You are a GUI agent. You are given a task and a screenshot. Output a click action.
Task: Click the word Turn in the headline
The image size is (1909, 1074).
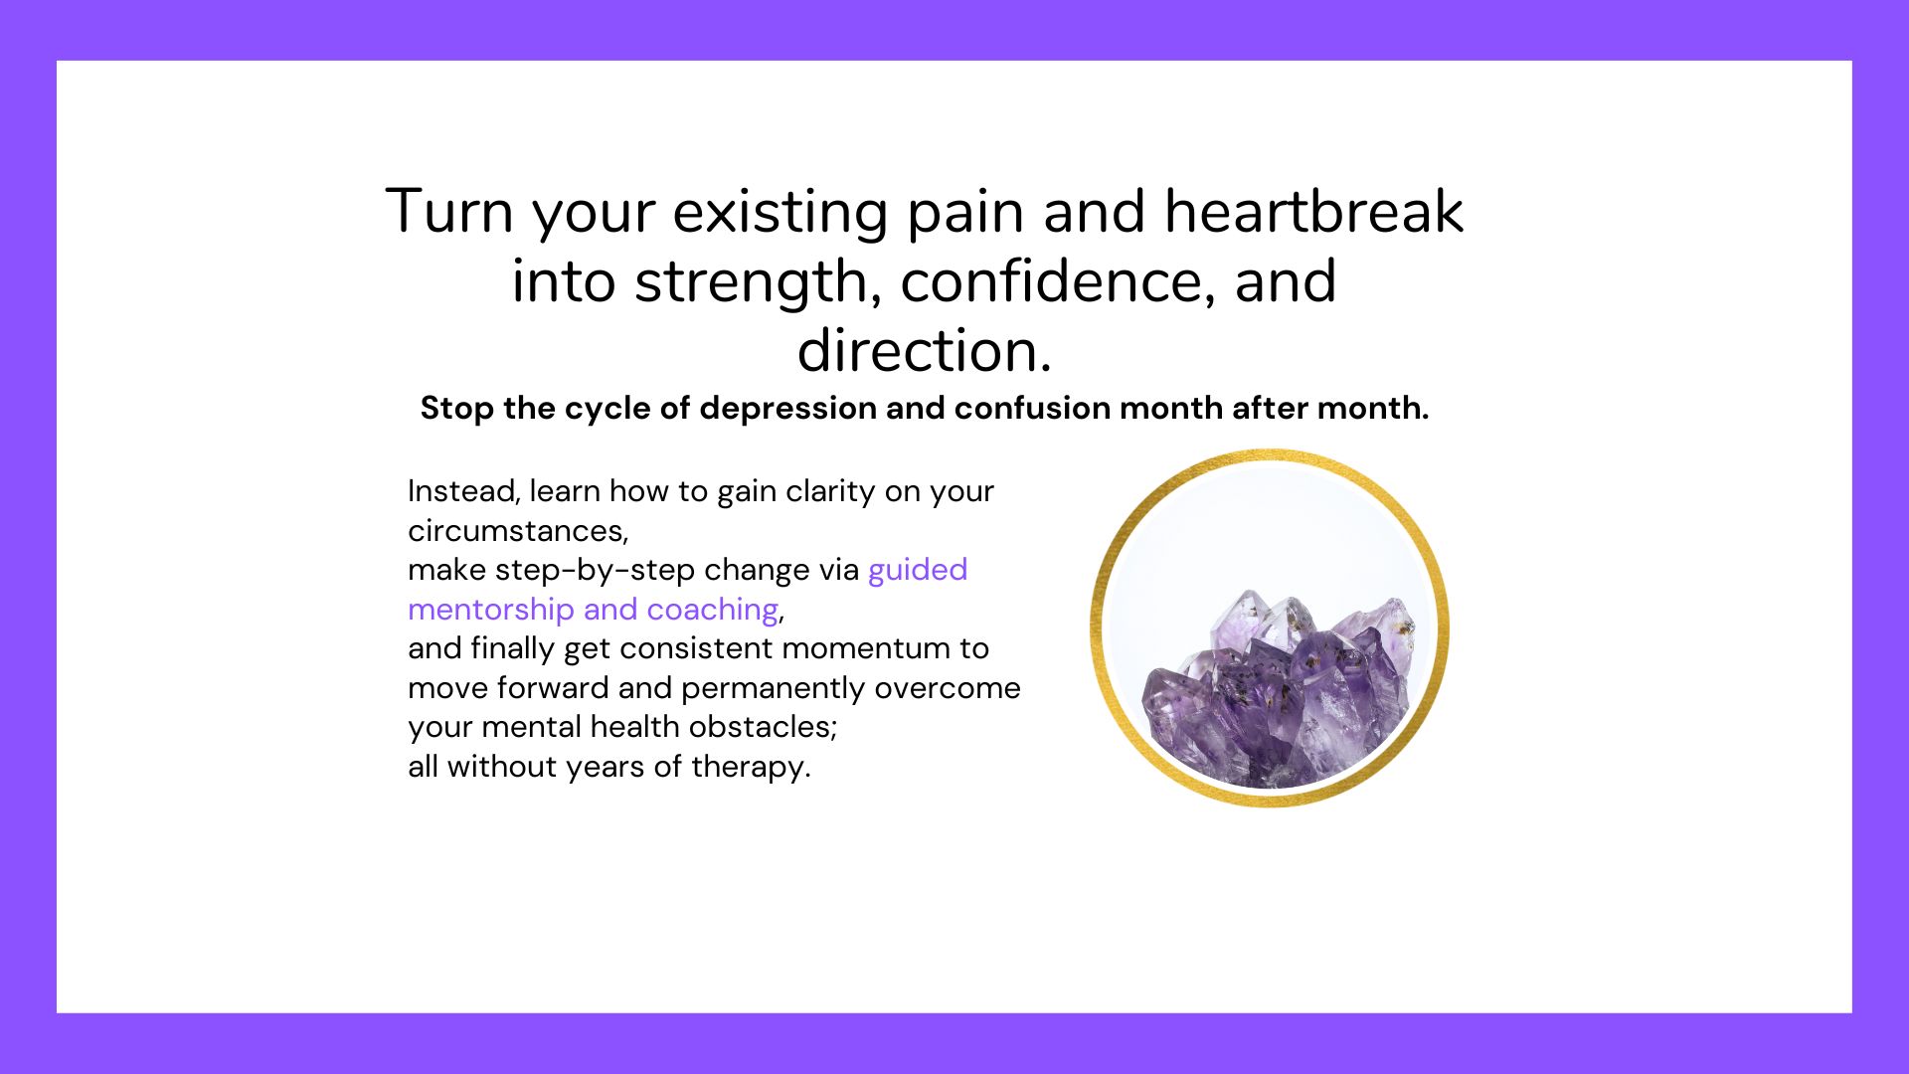(x=449, y=211)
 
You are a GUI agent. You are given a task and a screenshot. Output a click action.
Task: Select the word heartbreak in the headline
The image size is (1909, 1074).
(x=1313, y=211)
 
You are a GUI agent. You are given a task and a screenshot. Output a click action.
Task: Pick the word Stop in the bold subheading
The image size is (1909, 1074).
(x=457, y=409)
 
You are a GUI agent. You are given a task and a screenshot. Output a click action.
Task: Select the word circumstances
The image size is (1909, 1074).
(x=518, y=531)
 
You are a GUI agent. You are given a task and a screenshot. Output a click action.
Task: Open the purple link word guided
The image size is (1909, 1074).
(x=918, y=571)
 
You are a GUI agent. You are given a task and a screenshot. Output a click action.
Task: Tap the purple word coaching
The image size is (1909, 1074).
(x=712, y=610)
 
